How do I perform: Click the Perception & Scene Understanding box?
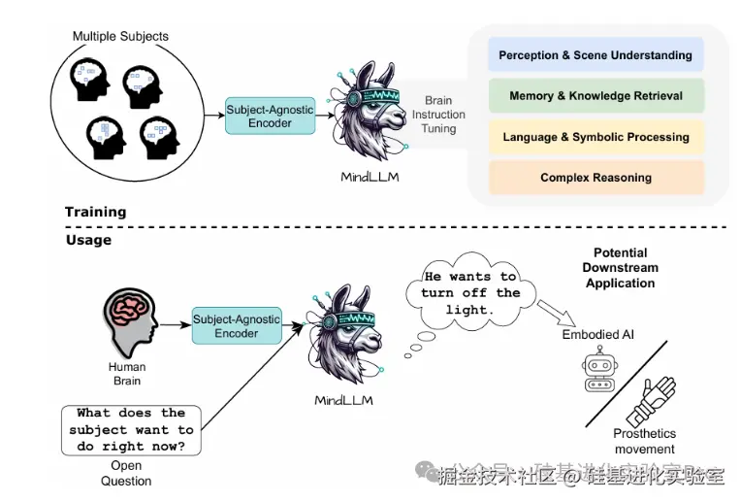[595, 55]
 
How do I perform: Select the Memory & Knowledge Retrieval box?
[595, 96]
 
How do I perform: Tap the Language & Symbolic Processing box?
[595, 137]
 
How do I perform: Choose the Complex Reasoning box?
[595, 178]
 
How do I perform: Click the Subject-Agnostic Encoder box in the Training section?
[270, 116]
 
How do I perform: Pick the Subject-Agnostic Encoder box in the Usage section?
[237, 325]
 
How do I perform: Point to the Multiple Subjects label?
[120, 37]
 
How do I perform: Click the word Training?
[95, 212]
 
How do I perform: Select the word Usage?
[88, 240]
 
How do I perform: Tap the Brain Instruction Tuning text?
[438, 115]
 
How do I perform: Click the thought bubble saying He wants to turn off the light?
[470, 292]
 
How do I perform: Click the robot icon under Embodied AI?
[598, 370]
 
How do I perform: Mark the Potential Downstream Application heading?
[620, 268]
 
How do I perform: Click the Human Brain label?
[127, 374]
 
